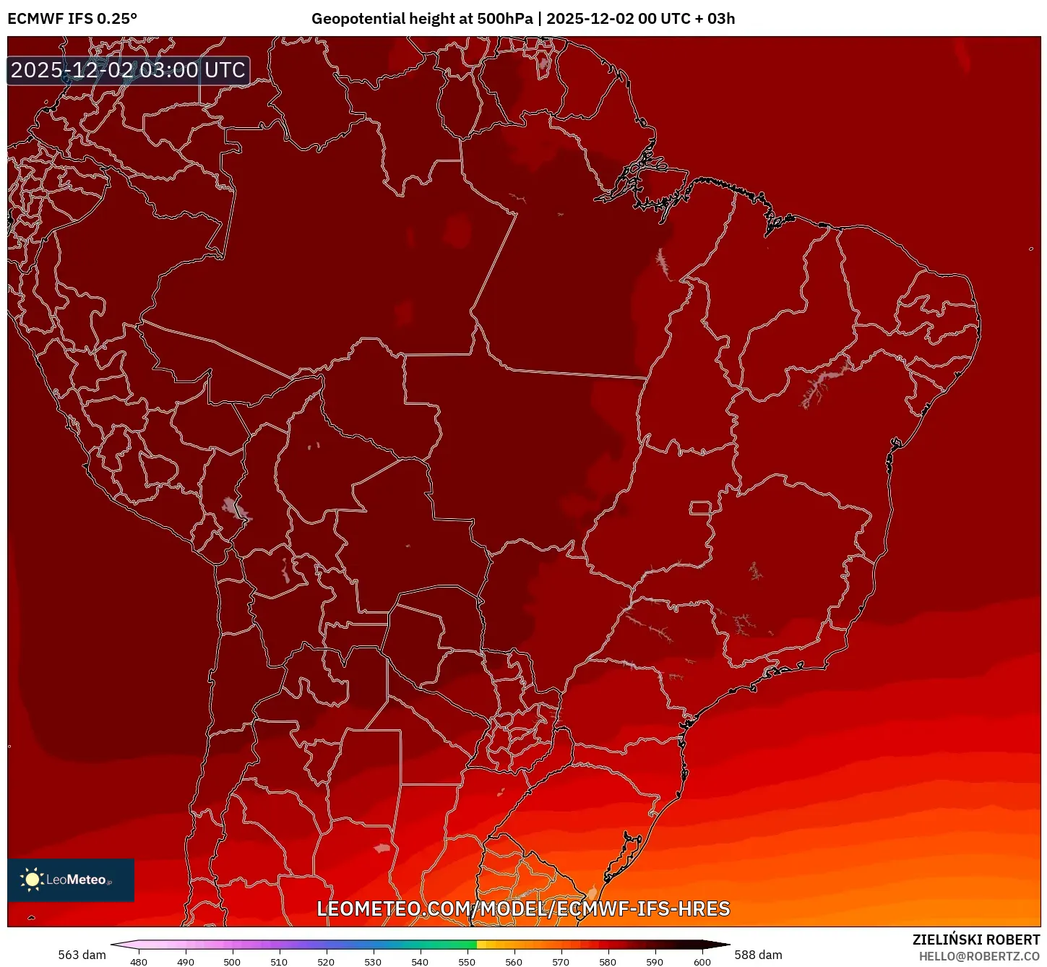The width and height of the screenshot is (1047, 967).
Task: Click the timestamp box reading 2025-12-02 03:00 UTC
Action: click(x=129, y=71)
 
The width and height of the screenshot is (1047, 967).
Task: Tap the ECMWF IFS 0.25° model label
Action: click(x=72, y=19)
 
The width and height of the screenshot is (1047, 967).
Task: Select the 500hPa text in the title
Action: click(x=504, y=19)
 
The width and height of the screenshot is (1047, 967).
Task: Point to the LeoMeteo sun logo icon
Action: click(x=32, y=880)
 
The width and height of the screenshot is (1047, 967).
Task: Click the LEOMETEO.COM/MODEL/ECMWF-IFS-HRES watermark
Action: click(x=523, y=908)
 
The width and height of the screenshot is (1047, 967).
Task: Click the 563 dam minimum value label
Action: click(x=82, y=955)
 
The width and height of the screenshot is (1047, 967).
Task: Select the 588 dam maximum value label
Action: click(x=758, y=955)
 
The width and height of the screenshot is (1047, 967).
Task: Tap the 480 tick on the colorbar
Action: click(x=138, y=962)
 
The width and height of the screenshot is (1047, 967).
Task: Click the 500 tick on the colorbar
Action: click(x=232, y=962)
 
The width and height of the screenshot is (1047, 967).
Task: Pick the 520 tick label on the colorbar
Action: click(x=326, y=962)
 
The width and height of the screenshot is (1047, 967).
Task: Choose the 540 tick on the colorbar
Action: click(x=420, y=962)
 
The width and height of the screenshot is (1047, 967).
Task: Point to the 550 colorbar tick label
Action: click(x=467, y=962)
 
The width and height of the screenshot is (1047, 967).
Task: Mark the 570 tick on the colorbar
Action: click(x=561, y=962)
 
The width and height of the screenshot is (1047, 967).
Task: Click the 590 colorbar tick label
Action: click(x=655, y=962)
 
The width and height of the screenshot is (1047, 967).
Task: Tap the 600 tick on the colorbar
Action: click(x=702, y=962)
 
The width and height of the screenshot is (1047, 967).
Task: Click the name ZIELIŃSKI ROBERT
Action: click(x=975, y=940)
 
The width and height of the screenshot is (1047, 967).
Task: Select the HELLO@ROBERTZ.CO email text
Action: click(x=978, y=956)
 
